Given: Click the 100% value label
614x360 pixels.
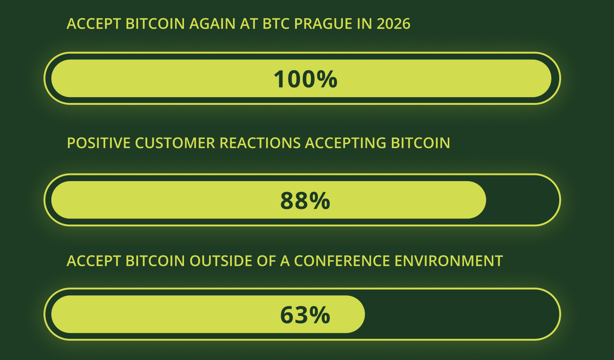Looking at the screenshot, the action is (x=305, y=79).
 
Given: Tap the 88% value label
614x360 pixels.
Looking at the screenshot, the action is (x=305, y=201).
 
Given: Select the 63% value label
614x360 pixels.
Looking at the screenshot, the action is (x=305, y=315).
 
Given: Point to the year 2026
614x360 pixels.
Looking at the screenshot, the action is (x=393, y=24).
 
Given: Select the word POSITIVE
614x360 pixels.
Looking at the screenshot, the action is (x=99, y=143).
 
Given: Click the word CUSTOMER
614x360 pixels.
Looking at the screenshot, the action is (x=175, y=143).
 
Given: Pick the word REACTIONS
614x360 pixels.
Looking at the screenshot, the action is (x=260, y=143).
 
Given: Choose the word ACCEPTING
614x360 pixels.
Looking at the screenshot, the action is (x=346, y=143).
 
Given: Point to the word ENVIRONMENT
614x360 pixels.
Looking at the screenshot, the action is (x=449, y=261).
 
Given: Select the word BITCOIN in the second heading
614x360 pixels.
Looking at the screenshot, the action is (x=420, y=143).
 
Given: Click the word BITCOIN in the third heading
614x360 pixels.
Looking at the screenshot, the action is (x=155, y=261).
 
